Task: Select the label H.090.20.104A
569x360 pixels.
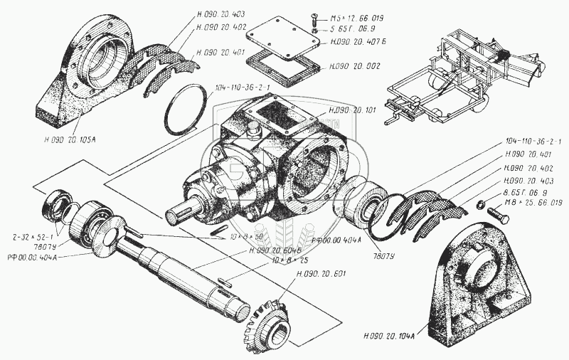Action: coord(390,336)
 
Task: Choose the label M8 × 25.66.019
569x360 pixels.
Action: coord(533,203)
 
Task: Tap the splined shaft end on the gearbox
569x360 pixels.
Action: coord(183,211)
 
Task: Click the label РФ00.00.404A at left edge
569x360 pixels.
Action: coord(31,256)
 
